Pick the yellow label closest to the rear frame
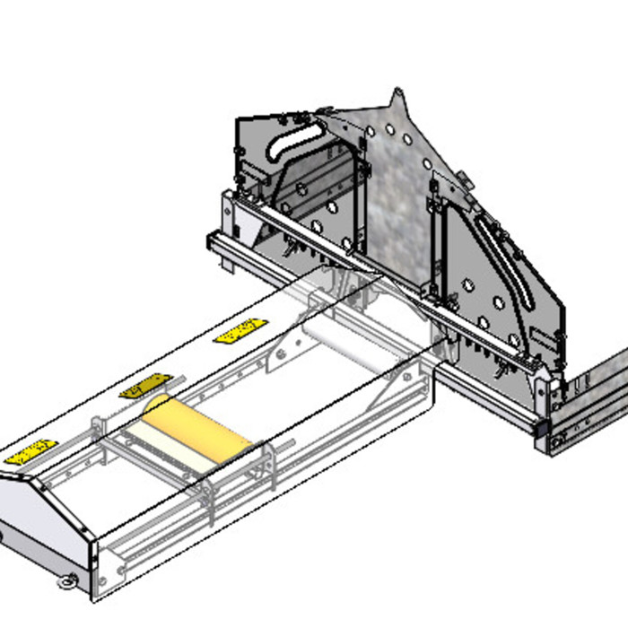coord(240,330)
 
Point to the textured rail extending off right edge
coord(592,395)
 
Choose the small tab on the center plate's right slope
coord(460,178)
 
